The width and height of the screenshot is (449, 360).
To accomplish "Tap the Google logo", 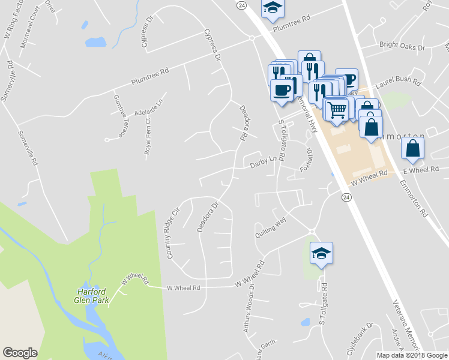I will click(20, 352).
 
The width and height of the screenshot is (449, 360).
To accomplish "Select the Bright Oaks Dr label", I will click(402, 46).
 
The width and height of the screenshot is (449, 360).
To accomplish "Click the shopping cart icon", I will click(337, 109).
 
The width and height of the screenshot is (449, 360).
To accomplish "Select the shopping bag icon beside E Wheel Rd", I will click(413, 148).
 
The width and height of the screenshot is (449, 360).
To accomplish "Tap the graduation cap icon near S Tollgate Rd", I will click(321, 253).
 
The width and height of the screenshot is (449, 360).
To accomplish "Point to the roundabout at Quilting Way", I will click(312, 232).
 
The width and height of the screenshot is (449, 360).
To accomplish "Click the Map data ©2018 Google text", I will click(411, 355).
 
